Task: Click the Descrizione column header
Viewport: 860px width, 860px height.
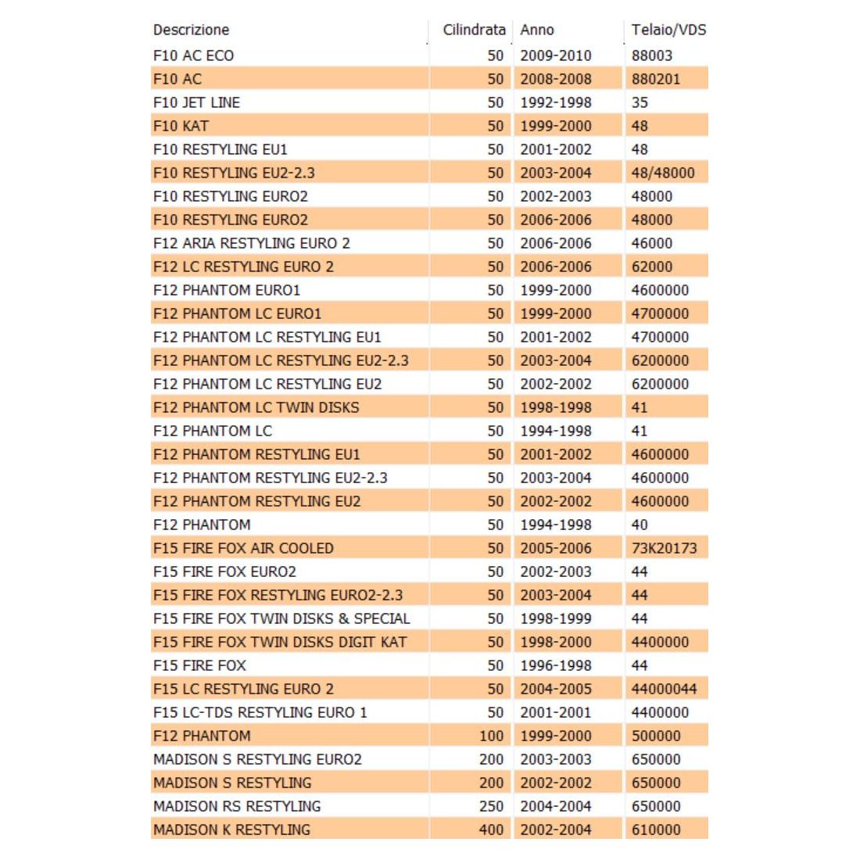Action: pos(192,30)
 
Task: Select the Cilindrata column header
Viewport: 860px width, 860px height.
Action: pos(474,30)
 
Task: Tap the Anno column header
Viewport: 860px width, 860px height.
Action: pos(537,30)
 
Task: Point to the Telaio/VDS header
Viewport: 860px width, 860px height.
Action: pos(668,30)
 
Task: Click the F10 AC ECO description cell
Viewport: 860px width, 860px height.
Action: pos(193,56)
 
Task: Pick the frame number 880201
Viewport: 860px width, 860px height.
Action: pos(656,79)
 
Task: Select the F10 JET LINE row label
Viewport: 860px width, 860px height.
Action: pos(196,102)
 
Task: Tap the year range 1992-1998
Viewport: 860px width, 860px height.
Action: pos(556,102)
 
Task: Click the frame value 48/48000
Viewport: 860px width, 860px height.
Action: pos(663,173)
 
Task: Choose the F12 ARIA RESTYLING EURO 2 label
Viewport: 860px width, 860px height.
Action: pos(252,243)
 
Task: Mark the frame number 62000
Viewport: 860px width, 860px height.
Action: pos(652,267)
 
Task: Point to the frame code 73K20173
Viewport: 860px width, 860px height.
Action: pos(664,548)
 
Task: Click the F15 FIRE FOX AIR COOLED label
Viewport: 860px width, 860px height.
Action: pos(243,548)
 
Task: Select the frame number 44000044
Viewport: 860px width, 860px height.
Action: pos(664,689)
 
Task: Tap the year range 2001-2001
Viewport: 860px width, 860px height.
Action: pos(556,712)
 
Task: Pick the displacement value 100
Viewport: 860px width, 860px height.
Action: pos(491,736)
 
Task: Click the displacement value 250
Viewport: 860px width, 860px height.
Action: pos(491,806)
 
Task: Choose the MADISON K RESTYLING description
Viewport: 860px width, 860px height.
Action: pos(231,830)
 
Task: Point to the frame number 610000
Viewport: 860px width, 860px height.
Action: pos(656,830)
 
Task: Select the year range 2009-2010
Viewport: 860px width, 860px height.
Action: pos(556,56)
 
